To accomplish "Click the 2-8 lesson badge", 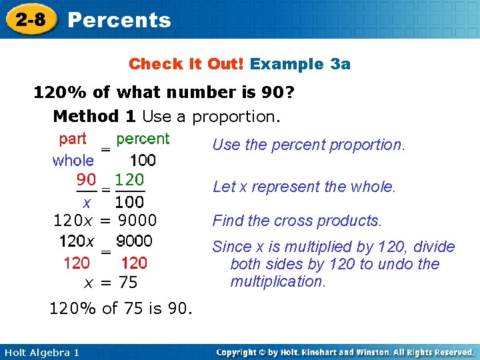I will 28,19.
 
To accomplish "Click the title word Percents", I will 119,20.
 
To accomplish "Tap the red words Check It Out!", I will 187,64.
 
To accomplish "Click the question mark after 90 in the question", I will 290,92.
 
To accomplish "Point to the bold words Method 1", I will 95,117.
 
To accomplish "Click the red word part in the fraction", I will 73,139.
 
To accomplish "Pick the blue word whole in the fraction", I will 73,161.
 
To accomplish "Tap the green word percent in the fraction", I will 143,139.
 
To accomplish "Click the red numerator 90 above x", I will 86,179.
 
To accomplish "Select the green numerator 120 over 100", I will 129,179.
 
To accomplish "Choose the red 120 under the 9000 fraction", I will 135,263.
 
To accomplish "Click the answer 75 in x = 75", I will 128,283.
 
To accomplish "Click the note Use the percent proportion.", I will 308,145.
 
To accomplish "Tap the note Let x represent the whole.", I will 304,187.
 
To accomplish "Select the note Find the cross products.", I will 297,221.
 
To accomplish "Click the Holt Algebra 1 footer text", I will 40,352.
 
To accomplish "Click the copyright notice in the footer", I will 345,352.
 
